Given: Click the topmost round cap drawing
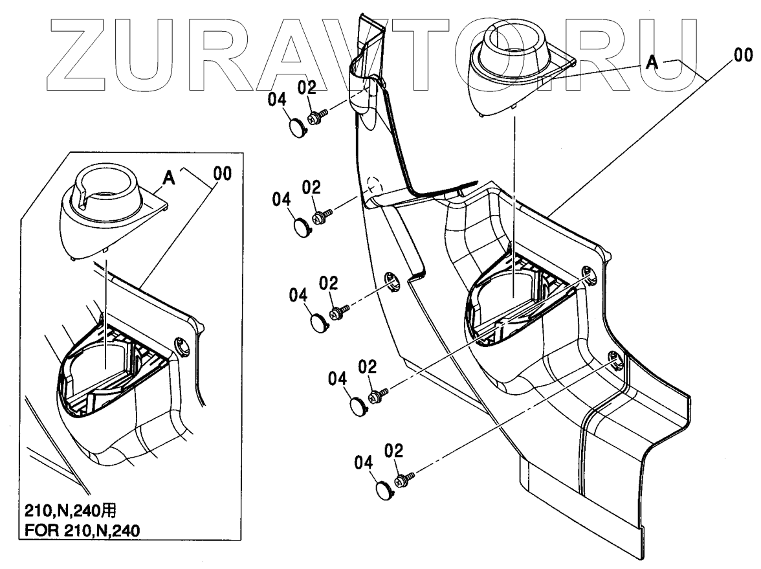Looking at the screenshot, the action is click(297, 126).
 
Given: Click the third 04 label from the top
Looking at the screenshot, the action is click(298, 295).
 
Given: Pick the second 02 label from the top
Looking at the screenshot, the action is click(312, 188).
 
